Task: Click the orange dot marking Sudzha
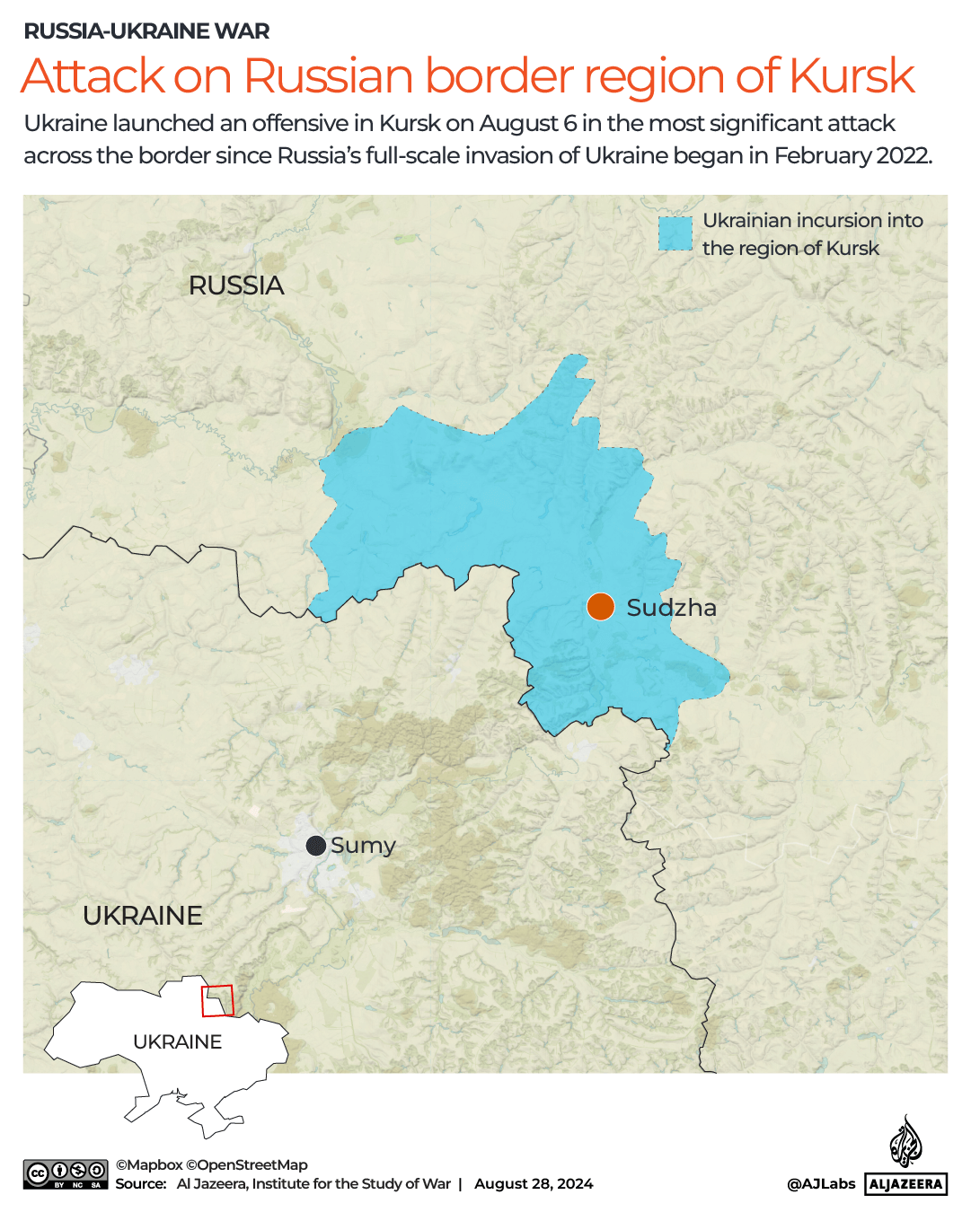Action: [600, 607]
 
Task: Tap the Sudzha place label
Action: [671, 608]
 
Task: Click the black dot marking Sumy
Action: [316, 846]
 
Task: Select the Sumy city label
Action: [363, 846]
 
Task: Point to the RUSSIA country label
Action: [236, 285]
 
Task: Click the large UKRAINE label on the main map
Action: [143, 916]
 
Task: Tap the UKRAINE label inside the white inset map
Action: [177, 1041]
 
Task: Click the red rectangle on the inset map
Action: [217, 1000]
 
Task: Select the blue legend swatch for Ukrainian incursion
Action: [675, 233]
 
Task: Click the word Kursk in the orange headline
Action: [852, 75]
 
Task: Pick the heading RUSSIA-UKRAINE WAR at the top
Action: [146, 31]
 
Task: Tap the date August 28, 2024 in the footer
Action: [534, 1183]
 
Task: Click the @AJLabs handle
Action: [821, 1183]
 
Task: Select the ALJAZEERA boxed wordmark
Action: [906, 1184]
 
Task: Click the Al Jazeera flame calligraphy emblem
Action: [905, 1142]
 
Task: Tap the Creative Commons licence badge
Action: [66, 1174]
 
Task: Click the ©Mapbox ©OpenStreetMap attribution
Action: [211, 1164]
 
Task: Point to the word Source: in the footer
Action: [141, 1183]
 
